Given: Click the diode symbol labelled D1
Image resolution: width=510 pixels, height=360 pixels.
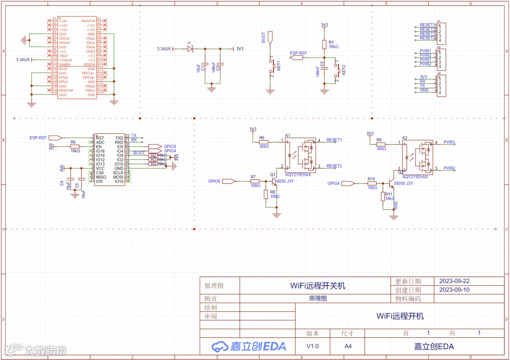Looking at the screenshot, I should pyautogui.click(x=190, y=49).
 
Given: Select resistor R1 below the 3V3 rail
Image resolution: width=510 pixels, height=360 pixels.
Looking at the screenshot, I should pyautogui.click(x=324, y=44).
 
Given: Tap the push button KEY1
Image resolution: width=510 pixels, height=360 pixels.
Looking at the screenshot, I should pyautogui.click(x=271, y=66).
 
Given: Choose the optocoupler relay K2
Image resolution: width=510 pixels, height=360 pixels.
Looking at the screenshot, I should pyautogui.click(x=417, y=156).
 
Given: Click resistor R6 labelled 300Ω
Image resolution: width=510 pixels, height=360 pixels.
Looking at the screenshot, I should pyautogui.click(x=263, y=141).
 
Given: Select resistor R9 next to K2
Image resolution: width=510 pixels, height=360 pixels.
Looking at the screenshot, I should pyautogui.click(x=381, y=144).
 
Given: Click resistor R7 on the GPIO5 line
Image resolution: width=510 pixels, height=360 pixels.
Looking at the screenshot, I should pyautogui.click(x=255, y=181).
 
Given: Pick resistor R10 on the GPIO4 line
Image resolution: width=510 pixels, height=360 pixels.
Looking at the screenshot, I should pyautogui.click(x=372, y=183).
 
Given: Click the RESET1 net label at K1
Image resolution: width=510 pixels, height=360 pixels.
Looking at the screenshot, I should pyautogui.click(x=334, y=140).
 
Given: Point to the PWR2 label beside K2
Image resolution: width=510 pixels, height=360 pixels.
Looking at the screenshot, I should pyautogui.click(x=449, y=168).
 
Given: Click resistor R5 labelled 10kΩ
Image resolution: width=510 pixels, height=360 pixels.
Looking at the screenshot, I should pyautogui.click(x=75, y=146).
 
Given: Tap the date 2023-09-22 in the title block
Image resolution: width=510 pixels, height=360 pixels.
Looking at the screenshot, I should pyautogui.click(x=454, y=281).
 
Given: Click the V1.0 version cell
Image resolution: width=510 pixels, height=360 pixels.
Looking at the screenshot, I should pyautogui.click(x=312, y=346).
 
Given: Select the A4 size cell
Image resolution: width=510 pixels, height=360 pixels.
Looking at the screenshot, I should pyautogui.click(x=348, y=346).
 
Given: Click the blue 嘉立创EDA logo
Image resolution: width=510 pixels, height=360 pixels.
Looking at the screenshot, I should pyautogui.click(x=249, y=346).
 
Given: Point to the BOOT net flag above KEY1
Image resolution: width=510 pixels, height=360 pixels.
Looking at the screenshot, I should pyautogui.click(x=270, y=37).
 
